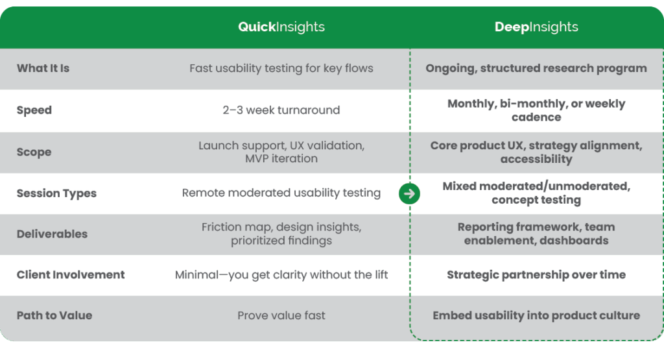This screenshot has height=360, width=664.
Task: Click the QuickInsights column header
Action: [x=281, y=27]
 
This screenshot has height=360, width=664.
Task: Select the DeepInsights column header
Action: [x=536, y=27]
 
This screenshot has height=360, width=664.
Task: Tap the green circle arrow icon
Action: [x=409, y=193]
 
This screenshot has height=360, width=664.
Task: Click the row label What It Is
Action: [x=43, y=68]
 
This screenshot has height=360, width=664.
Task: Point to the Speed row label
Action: [x=34, y=110]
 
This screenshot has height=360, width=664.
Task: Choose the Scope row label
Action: [x=34, y=152]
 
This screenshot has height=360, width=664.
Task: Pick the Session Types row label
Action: [x=56, y=193]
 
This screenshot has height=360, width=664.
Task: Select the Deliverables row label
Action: [x=52, y=234]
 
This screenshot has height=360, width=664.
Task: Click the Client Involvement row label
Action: [x=71, y=274]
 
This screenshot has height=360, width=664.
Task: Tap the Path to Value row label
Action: [x=54, y=315]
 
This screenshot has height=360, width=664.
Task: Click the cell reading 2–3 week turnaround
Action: [x=281, y=110]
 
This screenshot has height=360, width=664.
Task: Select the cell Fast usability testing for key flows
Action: [x=281, y=68]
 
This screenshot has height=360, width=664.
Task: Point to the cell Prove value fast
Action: [x=281, y=315]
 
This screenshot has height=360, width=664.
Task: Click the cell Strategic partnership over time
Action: [x=536, y=275]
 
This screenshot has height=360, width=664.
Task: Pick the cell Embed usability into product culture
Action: [x=536, y=315]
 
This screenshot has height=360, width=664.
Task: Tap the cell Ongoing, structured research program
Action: [x=536, y=68]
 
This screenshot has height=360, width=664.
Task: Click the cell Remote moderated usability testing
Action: [x=281, y=193]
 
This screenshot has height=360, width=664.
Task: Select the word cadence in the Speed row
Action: [x=536, y=117]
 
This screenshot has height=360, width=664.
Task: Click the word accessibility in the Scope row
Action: [x=536, y=160]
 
